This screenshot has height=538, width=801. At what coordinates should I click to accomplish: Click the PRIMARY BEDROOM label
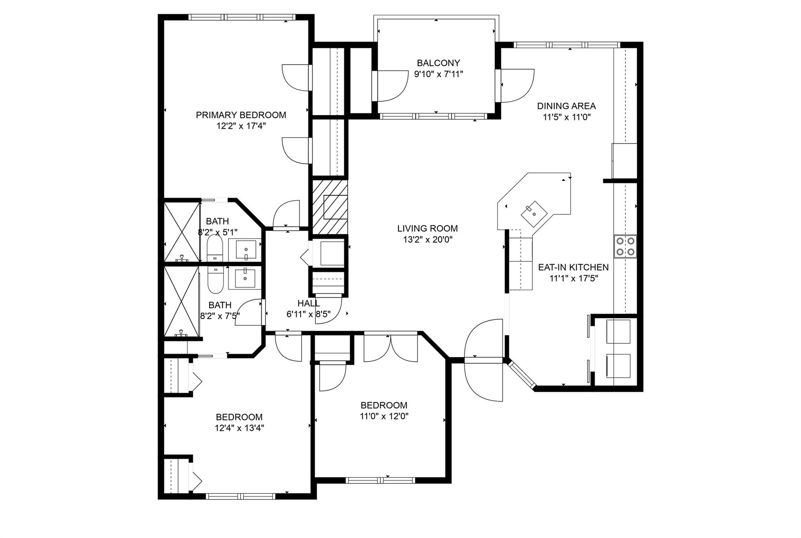pos(241,115)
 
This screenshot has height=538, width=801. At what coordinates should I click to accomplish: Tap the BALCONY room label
pos(438,63)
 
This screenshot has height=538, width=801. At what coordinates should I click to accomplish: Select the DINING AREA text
pos(566,106)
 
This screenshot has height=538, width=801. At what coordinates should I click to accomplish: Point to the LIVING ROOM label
pos(427,228)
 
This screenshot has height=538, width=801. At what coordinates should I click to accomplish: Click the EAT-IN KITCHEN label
pos(573,267)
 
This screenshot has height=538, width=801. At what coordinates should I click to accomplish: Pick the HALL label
pos(309,303)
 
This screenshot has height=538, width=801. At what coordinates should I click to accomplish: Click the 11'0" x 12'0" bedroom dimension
pos(384,416)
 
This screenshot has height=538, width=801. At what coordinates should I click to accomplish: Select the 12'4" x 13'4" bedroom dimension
pos(239,428)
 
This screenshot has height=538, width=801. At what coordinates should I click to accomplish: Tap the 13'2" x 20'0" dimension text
pos(427,239)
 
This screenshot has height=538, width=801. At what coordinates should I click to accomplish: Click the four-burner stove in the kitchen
pos(625,246)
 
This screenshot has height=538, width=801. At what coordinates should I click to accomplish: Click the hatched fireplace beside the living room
pos(330,207)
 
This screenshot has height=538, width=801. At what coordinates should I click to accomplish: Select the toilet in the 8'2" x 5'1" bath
pos(214,248)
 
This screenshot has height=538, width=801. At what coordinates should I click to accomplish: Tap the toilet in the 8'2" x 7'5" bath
pos(215,280)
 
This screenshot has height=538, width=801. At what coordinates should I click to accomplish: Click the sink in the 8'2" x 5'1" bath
pos(246,250)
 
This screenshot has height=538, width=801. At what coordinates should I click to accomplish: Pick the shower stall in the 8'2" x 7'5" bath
pos(181,301)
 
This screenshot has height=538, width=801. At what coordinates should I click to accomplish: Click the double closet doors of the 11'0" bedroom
pos(391,348)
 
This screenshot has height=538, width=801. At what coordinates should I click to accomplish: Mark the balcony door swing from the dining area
pos(517,86)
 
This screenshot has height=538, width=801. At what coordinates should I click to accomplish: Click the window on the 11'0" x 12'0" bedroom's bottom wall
pos(381,481)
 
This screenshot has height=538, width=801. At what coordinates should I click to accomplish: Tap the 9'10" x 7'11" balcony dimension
pos(438,74)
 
